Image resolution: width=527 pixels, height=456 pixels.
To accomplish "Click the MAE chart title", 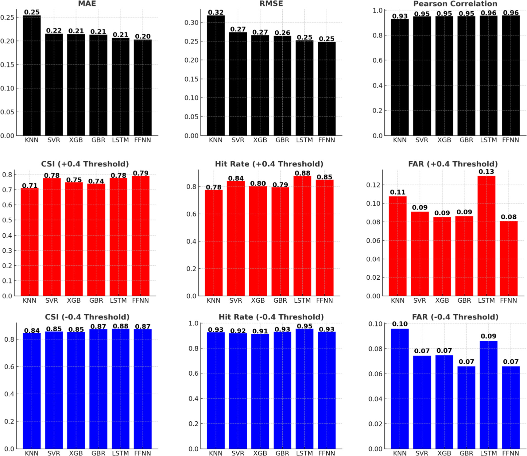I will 87,4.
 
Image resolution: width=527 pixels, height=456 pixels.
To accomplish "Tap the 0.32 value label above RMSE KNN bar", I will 215,12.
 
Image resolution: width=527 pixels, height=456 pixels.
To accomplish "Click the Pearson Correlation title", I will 455,4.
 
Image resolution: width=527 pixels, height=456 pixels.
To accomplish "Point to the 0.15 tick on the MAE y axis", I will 7,65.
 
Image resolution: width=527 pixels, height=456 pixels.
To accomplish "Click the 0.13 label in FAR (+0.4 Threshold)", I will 486,172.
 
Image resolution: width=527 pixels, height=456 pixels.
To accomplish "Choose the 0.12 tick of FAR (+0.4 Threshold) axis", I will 373,185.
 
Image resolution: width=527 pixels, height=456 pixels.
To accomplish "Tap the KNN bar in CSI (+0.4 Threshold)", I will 29,242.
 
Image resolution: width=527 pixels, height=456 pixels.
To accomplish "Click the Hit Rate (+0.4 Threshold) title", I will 269,164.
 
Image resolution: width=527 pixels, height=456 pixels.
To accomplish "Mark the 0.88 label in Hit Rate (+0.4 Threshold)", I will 302,173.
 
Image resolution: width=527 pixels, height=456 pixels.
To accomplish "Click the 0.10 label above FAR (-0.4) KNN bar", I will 400,324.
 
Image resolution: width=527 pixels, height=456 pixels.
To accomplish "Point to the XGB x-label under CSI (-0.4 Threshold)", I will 76,453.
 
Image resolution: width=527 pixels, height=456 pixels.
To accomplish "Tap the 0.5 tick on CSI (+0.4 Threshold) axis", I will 7,220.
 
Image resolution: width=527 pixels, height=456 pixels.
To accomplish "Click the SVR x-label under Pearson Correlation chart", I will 421,140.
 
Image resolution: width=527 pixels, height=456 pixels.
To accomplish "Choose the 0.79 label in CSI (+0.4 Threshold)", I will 141,173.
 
